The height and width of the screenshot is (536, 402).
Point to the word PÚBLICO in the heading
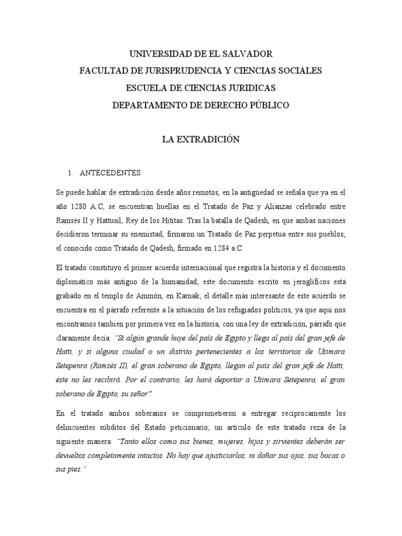264,105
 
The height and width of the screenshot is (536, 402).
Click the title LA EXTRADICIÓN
201,140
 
